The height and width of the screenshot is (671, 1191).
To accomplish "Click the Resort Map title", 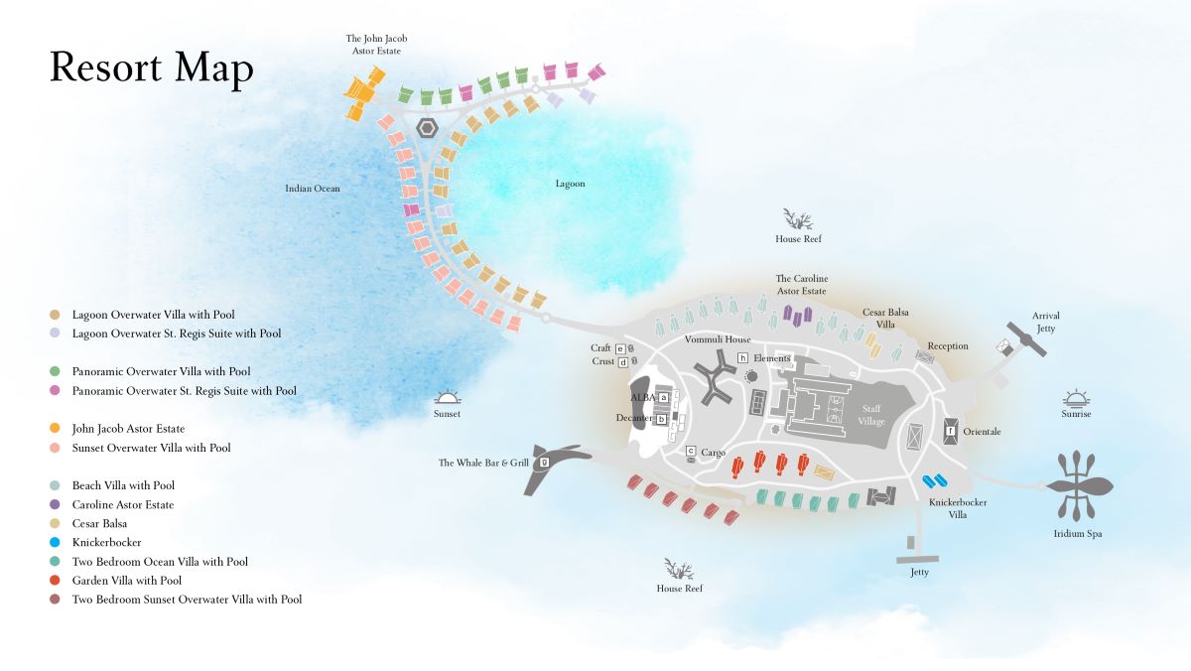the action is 152,68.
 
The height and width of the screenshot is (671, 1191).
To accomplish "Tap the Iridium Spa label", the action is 1078,533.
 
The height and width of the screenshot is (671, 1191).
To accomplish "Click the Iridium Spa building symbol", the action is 1080,485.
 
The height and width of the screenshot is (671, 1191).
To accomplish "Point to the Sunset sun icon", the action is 447,398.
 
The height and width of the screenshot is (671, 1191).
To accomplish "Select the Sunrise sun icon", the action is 1076,398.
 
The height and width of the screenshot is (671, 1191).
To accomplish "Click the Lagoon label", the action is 570,184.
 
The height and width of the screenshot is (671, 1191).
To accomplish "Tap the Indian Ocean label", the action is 312,189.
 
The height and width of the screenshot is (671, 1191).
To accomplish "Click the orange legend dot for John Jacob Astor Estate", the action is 55,428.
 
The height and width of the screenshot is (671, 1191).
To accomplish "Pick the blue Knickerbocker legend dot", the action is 55,542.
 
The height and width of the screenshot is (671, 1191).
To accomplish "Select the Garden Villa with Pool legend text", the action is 127,580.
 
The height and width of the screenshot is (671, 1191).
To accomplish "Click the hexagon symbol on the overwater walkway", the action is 427,128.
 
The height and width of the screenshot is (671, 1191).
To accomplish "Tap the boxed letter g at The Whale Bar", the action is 544,462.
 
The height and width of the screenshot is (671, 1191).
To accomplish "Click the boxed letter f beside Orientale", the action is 950,431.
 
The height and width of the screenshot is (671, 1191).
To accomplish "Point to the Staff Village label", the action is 871,415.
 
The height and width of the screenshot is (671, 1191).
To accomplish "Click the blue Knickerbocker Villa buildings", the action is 934,481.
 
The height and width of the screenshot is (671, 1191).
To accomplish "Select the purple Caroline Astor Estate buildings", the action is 798,316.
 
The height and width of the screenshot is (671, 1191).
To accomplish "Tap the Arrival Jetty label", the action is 1046,322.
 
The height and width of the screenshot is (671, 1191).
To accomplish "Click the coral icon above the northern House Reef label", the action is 798,219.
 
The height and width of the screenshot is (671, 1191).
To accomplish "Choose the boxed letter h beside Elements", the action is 742,357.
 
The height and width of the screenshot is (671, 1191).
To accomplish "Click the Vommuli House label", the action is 718,339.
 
